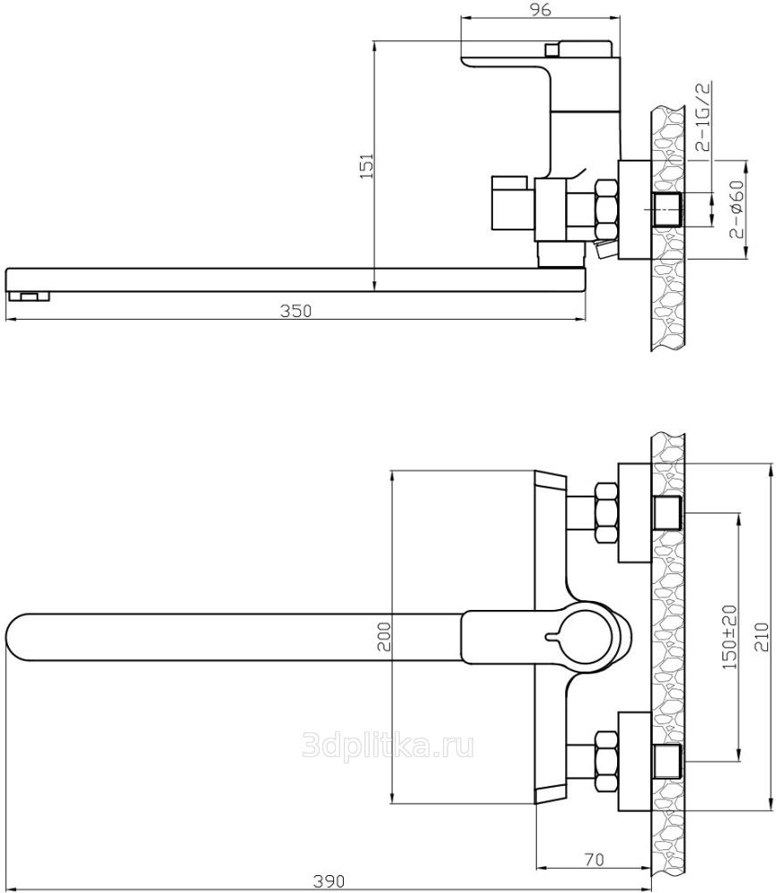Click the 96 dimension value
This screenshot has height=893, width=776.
[540, 10]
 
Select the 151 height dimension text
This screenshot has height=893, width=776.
[367, 166]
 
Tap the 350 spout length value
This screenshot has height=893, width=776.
[296, 311]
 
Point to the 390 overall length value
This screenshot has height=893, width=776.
[329, 882]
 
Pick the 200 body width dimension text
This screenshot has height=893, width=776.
[384, 636]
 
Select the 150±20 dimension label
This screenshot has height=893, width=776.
[729, 637]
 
